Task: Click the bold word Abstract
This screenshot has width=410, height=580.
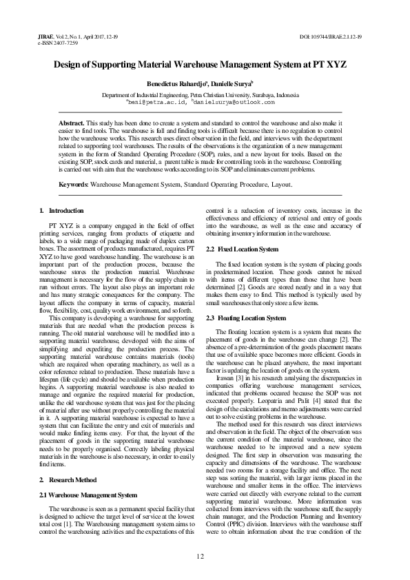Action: pos(72,122)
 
